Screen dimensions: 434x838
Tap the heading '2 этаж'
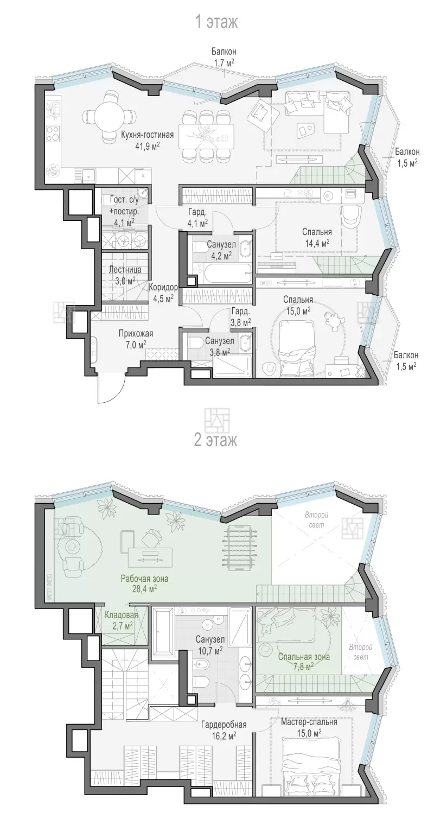tap(216, 440)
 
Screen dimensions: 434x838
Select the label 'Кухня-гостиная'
tap(147, 135)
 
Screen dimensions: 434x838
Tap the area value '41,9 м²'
tap(147, 146)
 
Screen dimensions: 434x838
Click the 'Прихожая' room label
tap(136, 334)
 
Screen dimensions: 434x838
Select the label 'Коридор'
tap(163, 287)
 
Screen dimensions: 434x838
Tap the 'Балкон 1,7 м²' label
tap(224, 57)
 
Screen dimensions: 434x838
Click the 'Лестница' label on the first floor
tap(125, 269)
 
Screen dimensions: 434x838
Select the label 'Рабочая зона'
tap(144, 579)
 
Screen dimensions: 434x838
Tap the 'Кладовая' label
tap(122, 614)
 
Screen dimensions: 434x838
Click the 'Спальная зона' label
tap(304, 657)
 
